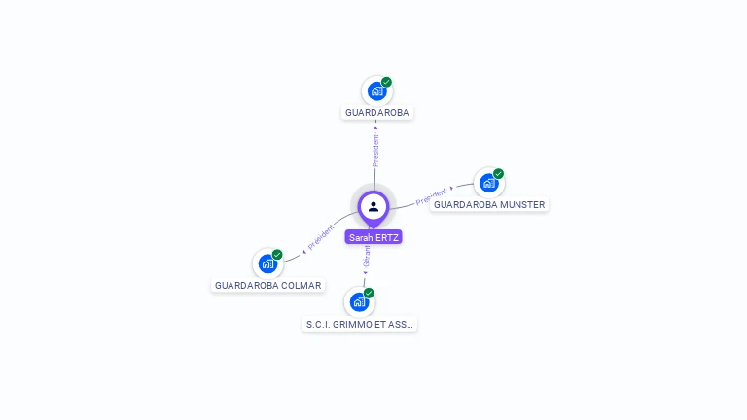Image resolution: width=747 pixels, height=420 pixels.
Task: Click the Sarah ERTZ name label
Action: (x=373, y=237)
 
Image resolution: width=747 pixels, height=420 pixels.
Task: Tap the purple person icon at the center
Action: (x=373, y=206)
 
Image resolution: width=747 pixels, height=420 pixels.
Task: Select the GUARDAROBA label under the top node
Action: (x=377, y=113)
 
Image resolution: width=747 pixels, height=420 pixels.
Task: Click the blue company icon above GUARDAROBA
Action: (x=376, y=91)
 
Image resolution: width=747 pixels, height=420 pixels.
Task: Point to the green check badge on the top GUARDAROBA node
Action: (x=386, y=82)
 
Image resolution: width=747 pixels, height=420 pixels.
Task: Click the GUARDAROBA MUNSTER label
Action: (x=489, y=205)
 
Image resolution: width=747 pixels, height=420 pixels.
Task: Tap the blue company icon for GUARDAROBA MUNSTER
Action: (x=488, y=183)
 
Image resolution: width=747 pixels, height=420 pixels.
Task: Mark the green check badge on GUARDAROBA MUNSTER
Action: (x=498, y=174)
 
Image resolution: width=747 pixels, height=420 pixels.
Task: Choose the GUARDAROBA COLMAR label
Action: (x=267, y=286)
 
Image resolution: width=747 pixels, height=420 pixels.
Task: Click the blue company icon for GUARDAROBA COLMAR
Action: (x=267, y=263)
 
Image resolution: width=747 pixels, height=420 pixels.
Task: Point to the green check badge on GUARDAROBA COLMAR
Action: (x=277, y=255)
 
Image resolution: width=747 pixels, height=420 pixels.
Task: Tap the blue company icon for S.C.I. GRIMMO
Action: (x=359, y=301)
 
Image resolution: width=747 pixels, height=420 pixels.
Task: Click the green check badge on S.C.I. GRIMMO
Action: (x=369, y=293)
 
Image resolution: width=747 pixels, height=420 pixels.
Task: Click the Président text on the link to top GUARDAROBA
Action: (x=375, y=150)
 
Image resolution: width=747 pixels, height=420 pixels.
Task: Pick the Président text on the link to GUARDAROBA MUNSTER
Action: (x=432, y=196)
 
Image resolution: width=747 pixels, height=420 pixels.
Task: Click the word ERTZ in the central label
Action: (x=386, y=237)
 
